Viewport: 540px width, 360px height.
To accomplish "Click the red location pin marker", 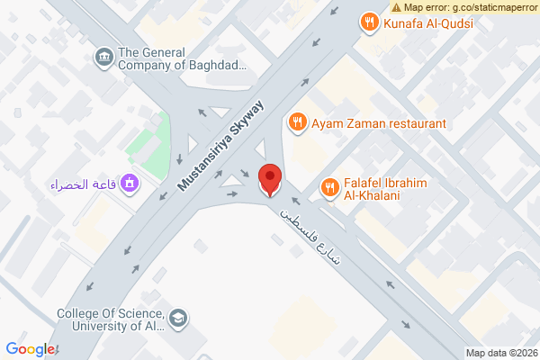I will pos(269,179).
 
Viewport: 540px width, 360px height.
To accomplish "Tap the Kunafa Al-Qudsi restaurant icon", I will pos(367,22).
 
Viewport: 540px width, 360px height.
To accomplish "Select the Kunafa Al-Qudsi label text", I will pos(427,22).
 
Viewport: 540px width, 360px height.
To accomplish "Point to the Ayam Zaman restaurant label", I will pos(379,122).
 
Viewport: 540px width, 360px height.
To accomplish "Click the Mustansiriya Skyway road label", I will pos(221,144).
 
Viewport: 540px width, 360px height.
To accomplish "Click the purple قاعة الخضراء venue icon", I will pos(131,184).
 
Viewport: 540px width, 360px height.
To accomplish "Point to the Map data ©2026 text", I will pos(500,353).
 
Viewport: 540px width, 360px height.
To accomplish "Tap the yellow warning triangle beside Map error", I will pos(397,6).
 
